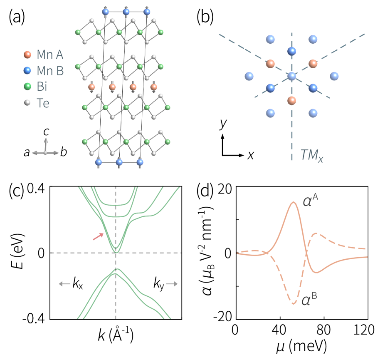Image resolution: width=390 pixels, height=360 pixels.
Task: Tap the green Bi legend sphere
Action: (27, 87)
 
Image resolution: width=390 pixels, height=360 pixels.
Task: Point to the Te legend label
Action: (43, 103)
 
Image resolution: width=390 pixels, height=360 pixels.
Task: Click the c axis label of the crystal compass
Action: (47, 131)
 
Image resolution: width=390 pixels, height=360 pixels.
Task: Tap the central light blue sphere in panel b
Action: (291, 76)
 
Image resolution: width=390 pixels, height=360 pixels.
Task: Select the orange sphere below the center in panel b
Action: (291, 100)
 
